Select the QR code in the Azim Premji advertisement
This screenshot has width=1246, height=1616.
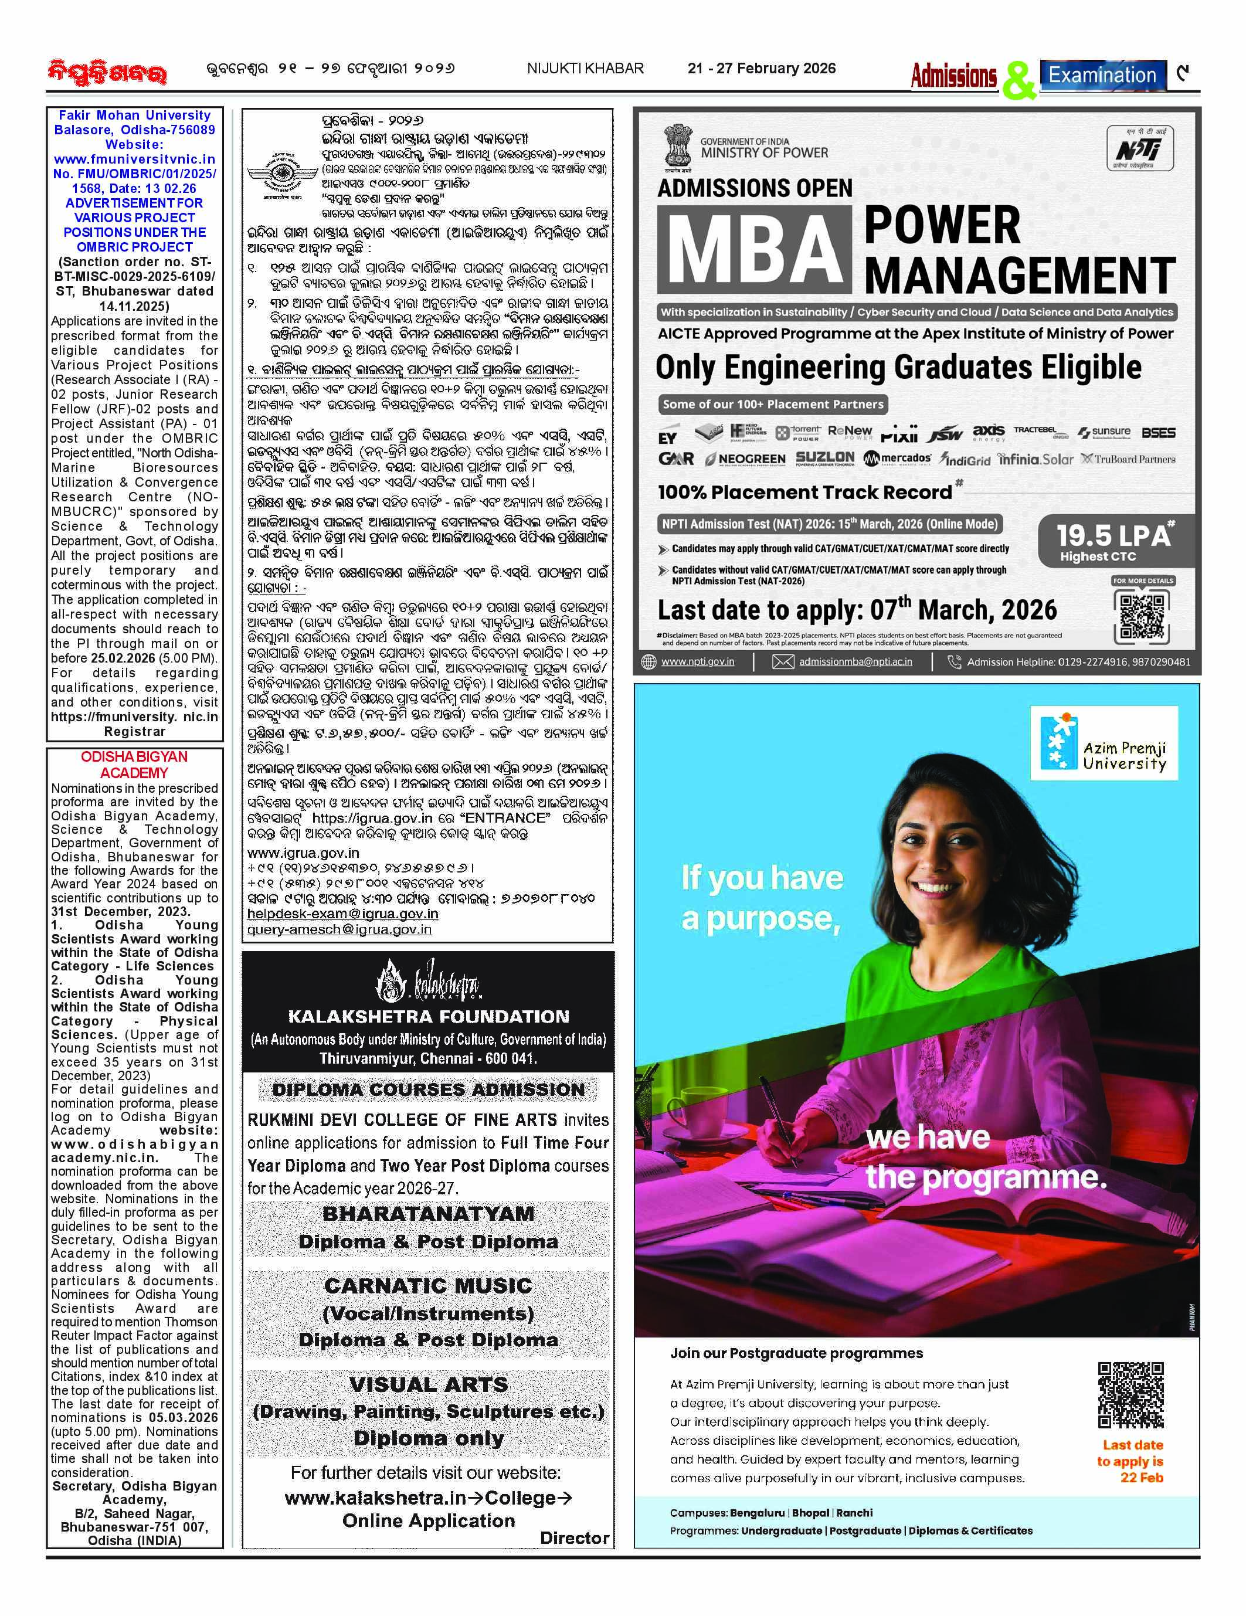tap(1130, 1395)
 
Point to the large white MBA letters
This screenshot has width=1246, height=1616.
tap(758, 249)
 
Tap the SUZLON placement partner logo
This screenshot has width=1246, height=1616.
tap(824, 459)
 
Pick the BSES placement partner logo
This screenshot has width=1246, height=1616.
tap(1158, 433)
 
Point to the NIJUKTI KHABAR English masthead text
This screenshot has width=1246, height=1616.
tap(585, 69)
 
